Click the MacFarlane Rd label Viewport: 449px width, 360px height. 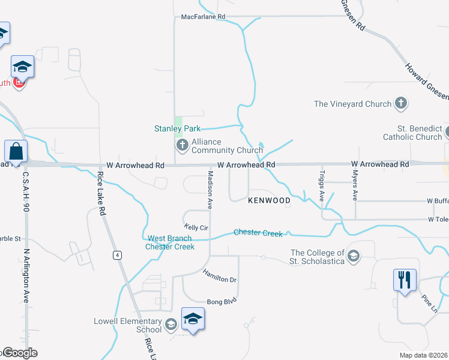pos(203,17)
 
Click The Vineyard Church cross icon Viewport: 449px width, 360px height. pos(401,104)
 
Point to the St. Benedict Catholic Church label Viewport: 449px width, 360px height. pos(412,133)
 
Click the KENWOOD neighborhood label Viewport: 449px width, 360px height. pos(269,200)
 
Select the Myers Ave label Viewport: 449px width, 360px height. pos(355,188)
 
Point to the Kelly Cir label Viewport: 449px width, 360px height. pos(196,227)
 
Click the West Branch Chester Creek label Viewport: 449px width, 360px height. pos(171,242)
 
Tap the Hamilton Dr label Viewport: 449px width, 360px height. pos(219,275)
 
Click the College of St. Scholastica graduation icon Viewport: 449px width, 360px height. pos(354,257)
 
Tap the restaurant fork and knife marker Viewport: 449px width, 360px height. pos(405,280)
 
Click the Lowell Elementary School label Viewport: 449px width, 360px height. pos(127,325)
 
